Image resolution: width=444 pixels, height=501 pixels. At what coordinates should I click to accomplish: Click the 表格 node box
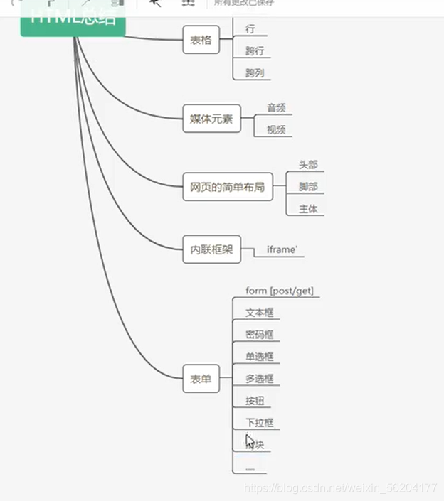pos(201,41)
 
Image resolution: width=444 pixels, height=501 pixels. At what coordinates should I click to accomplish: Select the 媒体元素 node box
pos(211,119)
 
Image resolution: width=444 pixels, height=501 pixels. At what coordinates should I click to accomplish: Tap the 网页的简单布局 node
pos(227,187)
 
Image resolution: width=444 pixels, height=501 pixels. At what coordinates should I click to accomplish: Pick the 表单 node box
pos(201,379)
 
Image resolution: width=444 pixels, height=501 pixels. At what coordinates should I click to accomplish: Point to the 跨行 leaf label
pos(255,51)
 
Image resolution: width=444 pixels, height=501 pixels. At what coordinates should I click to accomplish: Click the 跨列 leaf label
pos(255,73)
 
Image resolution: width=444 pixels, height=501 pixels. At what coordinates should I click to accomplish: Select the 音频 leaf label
pos(276,108)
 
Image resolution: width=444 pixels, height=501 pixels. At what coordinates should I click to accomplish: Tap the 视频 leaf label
pos(276,130)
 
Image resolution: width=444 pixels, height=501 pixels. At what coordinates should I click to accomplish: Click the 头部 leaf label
pos(308,165)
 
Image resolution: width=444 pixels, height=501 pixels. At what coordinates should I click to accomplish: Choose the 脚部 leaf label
pos(308,187)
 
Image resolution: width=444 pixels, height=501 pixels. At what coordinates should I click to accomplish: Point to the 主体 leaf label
pos(308,209)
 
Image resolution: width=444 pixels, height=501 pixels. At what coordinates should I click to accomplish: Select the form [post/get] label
pos(279,291)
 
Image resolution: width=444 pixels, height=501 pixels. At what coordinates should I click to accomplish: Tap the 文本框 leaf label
pos(259,313)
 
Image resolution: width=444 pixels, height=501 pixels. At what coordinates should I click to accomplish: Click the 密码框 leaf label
pos(259,335)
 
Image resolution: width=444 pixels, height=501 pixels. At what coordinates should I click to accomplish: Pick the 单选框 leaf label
pos(259,357)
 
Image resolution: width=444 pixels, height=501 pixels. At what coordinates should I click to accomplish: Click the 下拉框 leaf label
pos(259,423)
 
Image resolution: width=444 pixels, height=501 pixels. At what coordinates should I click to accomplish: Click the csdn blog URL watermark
pos(340,488)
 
